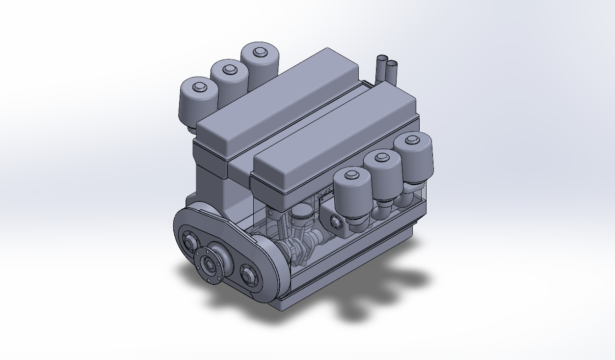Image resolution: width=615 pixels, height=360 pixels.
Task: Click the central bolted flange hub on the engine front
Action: click(210, 265)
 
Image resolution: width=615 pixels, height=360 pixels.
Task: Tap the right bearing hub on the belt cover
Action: click(248, 275)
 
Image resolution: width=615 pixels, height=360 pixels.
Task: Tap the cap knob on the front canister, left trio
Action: click(199, 87)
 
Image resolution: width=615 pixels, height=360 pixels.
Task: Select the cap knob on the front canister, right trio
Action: click(351, 174)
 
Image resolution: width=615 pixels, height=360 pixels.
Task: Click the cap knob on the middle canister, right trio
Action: click(382, 157)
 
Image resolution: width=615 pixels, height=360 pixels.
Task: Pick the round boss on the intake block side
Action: click(336, 222)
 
